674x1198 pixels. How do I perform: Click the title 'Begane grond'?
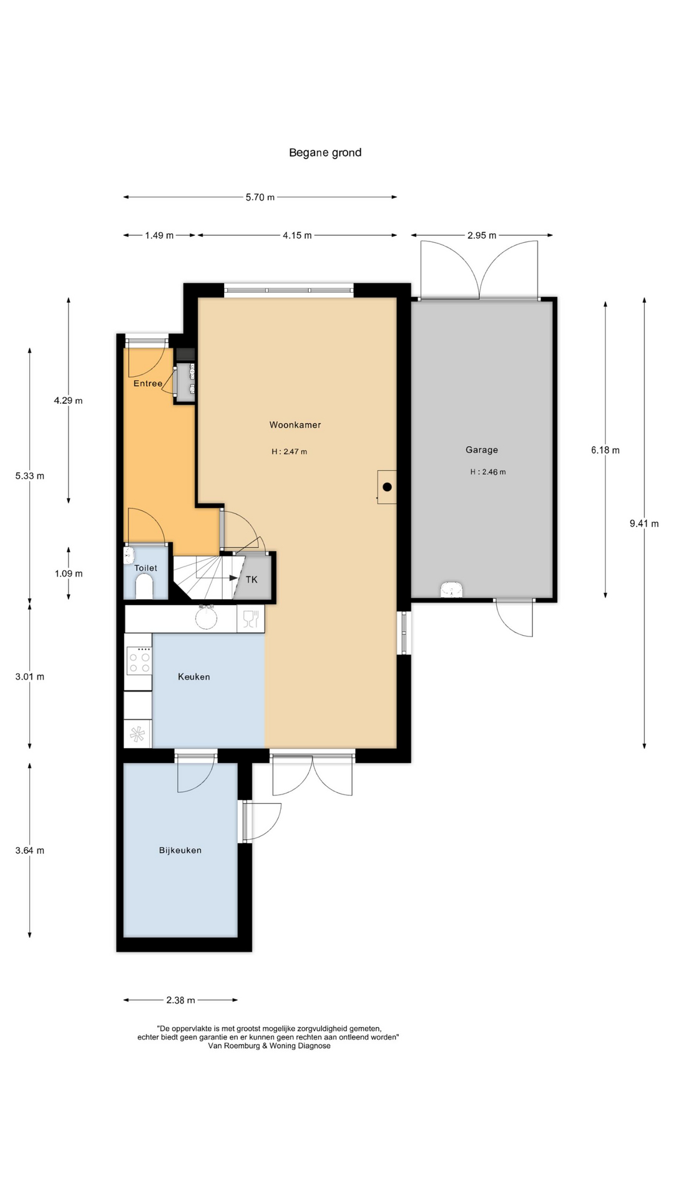[x=325, y=152]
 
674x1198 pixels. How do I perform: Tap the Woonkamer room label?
[x=295, y=425]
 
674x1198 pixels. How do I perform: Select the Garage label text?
[x=482, y=450]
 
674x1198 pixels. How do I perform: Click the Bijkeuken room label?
[x=180, y=850]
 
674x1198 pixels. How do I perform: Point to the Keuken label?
[x=194, y=676]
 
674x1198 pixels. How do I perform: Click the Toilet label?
[x=146, y=568]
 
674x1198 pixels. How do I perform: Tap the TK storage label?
[x=252, y=580]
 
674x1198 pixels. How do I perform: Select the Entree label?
[x=148, y=383]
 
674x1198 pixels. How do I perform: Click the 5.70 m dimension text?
[x=260, y=197]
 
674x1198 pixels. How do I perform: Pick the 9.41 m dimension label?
[x=644, y=524]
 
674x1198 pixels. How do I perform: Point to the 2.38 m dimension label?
[x=181, y=1000]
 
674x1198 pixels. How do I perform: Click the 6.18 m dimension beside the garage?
[x=605, y=450]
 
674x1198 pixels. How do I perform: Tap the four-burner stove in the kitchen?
[x=139, y=661]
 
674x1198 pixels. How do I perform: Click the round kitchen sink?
[x=206, y=618]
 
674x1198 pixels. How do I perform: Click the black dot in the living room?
[x=387, y=487]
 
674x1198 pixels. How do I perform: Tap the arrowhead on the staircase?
[x=234, y=578]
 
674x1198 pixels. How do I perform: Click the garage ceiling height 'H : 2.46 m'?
[x=488, y=472]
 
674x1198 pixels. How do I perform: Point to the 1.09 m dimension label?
[x=69, y=573]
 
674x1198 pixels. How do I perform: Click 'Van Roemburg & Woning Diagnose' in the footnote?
[x=270, y=1046]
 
